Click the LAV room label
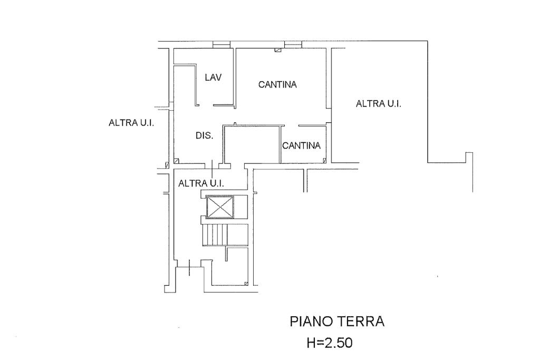click(213, 77)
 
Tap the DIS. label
click(204, 135)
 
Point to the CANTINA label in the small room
click(302, 145)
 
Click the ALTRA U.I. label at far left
click(131, 123)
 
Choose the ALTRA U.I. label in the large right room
click(379, 104)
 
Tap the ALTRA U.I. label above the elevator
click(201, 183)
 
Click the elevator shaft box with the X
click(219, 206)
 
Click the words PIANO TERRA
click(337, 322)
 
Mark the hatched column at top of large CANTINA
click(277, 50)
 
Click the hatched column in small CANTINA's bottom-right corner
click(324, 160)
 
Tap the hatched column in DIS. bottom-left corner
click(177, 160)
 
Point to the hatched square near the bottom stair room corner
click(246, 284)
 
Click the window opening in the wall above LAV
click(221, 44)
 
